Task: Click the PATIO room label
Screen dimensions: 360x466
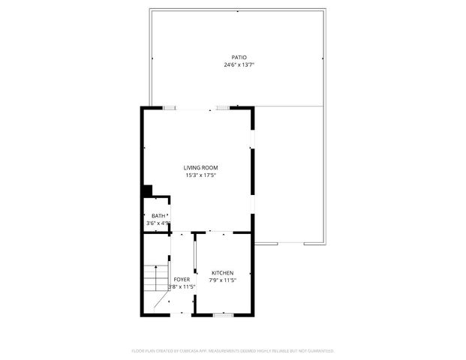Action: coord(239,57)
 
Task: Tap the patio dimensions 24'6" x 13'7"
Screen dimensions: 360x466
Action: coord(239,65)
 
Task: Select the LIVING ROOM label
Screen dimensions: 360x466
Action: coord(201,167)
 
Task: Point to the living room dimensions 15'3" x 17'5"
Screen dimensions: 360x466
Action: coord(201,175)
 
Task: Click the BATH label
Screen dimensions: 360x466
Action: coord(158,216)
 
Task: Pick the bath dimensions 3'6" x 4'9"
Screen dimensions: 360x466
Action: coord(158,223)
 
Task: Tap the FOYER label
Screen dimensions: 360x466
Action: coord(182,279)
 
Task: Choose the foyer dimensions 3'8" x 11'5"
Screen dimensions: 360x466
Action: coord(182,286)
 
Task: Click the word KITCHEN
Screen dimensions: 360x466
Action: coord(222,273)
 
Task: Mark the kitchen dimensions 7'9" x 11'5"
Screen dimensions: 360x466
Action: coord(222,281)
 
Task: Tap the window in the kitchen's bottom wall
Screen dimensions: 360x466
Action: coord(223,314)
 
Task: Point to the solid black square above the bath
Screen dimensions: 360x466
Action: coord(147,191)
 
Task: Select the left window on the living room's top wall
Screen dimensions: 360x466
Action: coord(170,108)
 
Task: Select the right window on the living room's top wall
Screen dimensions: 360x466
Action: coord(223,108)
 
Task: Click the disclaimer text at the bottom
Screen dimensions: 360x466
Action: coord(233,350)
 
